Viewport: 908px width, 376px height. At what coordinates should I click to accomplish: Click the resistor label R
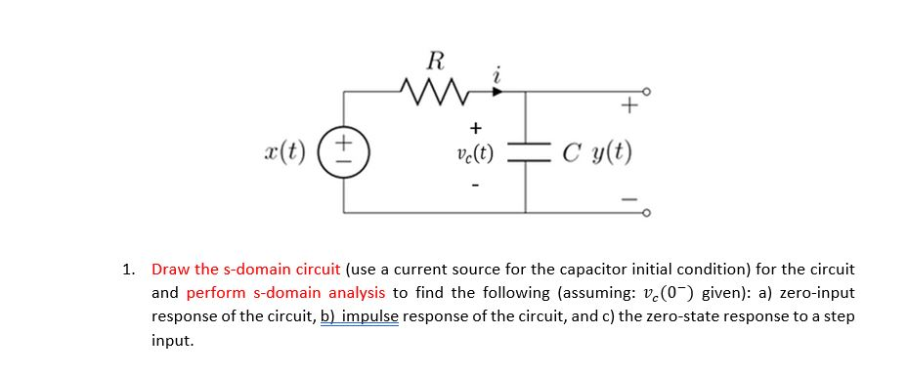(x=435, y=62)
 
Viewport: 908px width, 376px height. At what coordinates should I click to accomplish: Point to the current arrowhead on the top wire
(x=498, y=93)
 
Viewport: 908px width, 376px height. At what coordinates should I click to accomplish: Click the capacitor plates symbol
(x=528, y=152)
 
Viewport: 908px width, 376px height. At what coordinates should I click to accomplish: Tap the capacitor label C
(x=571, y=152)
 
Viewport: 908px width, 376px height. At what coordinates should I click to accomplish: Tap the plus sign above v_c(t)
(x=475, y=128)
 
